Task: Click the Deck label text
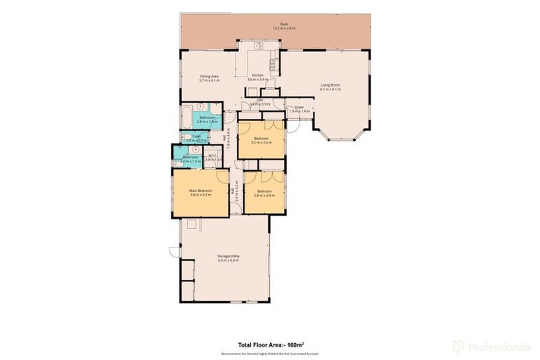[284, 24]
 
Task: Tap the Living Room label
[330, 85]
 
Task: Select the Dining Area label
[210, 76]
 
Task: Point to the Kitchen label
[258, 75]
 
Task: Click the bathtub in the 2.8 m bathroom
[185, 115]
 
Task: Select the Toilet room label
[196, 136]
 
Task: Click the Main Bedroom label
[200, 190]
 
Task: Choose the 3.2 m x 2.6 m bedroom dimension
[261, 143]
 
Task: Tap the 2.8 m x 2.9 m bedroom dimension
[264, 195]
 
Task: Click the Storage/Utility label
[228, 256]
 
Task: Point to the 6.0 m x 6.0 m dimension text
[228, 261]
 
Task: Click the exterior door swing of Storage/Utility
[174, 252]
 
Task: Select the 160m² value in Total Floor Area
[295, 345]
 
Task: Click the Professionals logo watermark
[491, 346]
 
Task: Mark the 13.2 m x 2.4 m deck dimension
[284, 28]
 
